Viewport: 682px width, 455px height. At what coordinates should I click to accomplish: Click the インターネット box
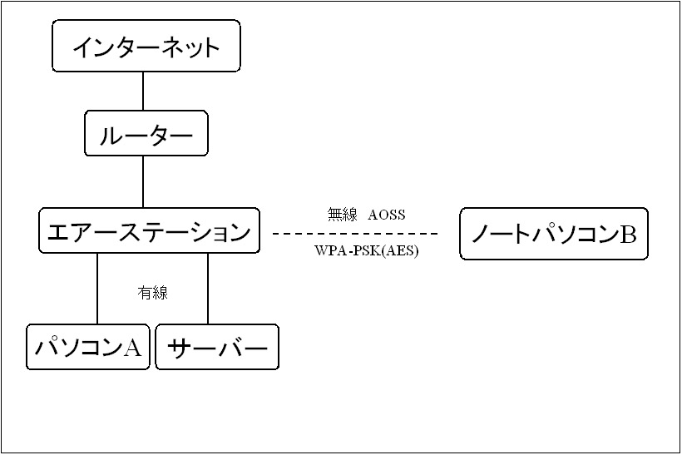pos(146,46)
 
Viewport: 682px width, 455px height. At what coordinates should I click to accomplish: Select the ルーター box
pos(146,135)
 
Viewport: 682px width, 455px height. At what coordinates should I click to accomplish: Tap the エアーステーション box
pos(149,230)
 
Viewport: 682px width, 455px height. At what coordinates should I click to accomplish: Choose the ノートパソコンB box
pos(553,234)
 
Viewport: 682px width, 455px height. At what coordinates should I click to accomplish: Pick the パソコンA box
pos(88,347)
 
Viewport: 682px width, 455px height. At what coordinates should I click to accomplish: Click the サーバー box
pos(217,347)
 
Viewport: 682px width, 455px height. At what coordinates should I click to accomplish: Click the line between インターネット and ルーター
pos(143,91)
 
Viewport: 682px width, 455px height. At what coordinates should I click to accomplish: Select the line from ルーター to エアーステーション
pos(143,181)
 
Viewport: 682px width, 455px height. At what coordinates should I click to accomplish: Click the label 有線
pos(152,293)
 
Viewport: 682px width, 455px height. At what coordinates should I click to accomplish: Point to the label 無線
pos(342,215)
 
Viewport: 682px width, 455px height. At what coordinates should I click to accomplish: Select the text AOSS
pos(387,215)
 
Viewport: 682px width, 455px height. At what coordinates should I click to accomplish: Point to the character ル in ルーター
pos(110,136)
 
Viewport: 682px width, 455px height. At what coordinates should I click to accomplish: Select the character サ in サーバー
pos(180,348)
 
